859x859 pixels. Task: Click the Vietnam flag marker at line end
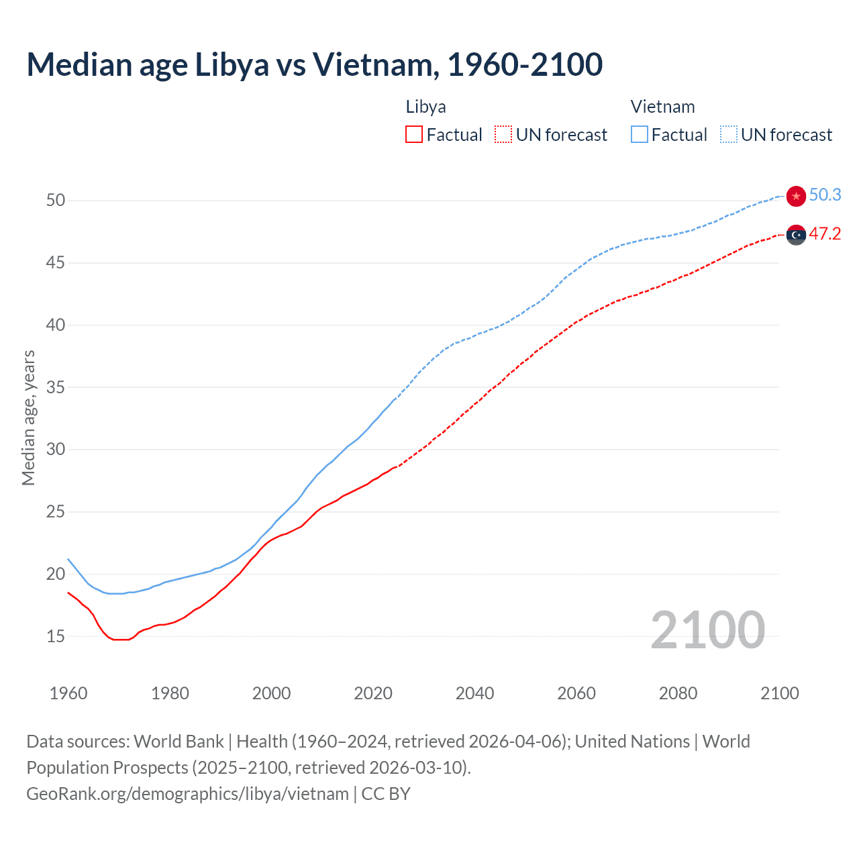796,196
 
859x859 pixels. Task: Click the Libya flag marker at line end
796,235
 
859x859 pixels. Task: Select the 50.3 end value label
825,195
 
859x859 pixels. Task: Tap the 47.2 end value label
825,234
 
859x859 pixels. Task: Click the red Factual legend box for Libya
414,135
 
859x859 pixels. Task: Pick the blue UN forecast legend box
729,135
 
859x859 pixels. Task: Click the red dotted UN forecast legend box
503,135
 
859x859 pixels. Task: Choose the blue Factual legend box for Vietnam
640,135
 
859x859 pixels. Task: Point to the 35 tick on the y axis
56,387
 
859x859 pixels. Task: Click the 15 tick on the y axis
56,636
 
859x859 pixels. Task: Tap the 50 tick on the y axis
56,201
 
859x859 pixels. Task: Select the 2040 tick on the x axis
474,693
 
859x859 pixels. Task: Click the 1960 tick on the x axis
68,693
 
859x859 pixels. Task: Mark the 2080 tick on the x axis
678,693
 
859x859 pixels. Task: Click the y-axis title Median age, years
28,417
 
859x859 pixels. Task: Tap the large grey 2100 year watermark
707,629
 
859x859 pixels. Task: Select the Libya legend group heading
425,107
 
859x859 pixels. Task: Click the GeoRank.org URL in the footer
187,794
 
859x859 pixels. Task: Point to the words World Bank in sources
179,742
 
